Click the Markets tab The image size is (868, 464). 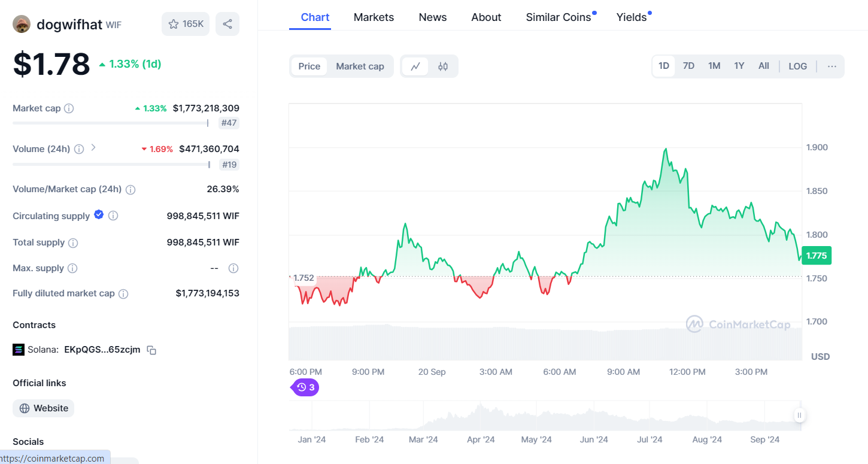[374, 17]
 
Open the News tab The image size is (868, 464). [432, 17]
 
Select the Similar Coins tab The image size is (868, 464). [559, 17]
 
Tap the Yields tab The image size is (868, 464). [632, 17]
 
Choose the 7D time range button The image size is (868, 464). [688, 66]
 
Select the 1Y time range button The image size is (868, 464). [739, 66]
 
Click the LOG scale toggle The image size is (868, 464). [797, 66]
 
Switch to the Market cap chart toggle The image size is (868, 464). [360, 66]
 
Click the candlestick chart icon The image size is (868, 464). [443, 66]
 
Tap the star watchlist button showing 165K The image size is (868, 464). [186, 24]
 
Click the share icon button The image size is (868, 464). [227, 24]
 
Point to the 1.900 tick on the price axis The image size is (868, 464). [817, 147]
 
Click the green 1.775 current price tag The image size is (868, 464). [816, 256]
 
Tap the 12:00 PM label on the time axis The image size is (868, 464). [687, 372]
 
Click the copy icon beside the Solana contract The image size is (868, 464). [152, 350]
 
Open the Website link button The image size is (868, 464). [44, 408]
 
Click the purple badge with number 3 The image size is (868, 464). [305, 387]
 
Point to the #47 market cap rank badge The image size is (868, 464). [229, 123]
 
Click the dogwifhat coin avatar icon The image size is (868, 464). [22, 25]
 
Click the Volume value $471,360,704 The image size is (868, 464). [209, 149]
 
